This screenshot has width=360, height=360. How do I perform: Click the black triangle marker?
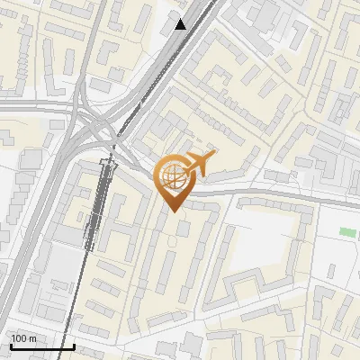(x=181, y=24)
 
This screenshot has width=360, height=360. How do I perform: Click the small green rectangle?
(x=347, y=232)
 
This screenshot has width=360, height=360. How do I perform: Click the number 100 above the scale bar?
(x=19, y=338)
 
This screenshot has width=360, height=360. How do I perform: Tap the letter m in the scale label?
(x=32, y=338)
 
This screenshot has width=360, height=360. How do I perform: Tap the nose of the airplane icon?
(x=214, y=157)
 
